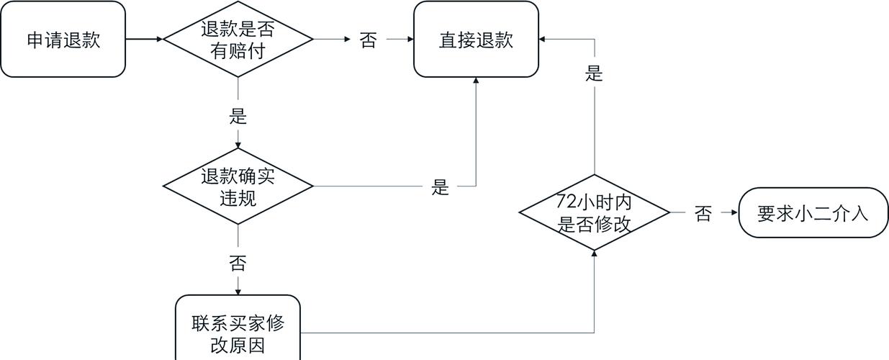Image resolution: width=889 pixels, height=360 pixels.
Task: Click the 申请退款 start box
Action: (63, 40)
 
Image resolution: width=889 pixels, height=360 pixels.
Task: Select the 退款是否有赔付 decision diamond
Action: (238, 40)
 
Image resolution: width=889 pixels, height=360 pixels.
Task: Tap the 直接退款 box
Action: (476, 40)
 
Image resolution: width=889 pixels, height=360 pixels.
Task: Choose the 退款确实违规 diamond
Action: (238, 186)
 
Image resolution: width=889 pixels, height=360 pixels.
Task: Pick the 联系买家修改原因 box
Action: (238, 333)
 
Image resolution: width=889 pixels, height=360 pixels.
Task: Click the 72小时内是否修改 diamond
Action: (595, 213)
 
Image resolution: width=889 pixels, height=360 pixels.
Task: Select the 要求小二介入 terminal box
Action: (813, 213)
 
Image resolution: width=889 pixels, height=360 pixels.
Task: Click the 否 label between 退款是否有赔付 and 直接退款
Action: (368, 40)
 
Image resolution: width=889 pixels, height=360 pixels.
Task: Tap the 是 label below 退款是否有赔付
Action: (238, 115)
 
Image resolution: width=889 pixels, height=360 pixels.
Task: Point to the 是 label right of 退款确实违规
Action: (440, 187)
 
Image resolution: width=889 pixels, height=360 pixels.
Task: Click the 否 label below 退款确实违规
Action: (238, 263)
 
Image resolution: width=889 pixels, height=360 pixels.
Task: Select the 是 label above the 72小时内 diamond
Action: (595, 73)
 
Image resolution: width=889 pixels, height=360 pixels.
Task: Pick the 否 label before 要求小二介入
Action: (703, 213)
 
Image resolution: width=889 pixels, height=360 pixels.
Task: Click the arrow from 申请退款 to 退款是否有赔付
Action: (144, 39)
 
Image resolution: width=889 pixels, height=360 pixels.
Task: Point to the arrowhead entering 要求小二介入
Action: (734, 213)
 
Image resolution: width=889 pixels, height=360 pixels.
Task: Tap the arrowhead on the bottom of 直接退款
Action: (476, 81)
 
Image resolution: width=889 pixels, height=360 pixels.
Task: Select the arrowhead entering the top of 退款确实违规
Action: (238, 144)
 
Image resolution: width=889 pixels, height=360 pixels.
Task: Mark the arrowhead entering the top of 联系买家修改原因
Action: (238, 291)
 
